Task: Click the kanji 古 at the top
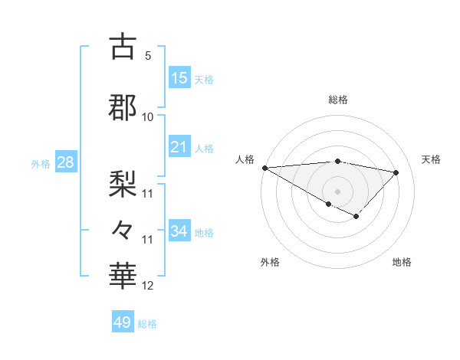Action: click(123, 47)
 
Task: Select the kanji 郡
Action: click(123, 108)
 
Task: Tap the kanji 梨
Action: click(123, 182)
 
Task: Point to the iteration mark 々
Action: click(123, 229)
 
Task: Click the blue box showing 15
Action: click(179, 78)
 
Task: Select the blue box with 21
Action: click(179, 147)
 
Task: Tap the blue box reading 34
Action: click(179, 231)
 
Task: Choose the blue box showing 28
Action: click(65, 162)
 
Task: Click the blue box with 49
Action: click(123, 322)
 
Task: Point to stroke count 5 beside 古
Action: click(148, 55)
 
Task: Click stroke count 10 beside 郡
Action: click(148, 116)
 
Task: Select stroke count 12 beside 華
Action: click(148, 286)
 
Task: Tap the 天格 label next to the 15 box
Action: click(204, 80)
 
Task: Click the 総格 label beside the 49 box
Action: click(147, 324)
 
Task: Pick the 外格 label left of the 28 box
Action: click(41, 163)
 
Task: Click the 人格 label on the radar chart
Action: click(245, 159)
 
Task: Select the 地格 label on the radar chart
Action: click(402, 262)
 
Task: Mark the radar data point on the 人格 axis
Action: click(264, 168)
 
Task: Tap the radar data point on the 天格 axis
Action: click(396, 172)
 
